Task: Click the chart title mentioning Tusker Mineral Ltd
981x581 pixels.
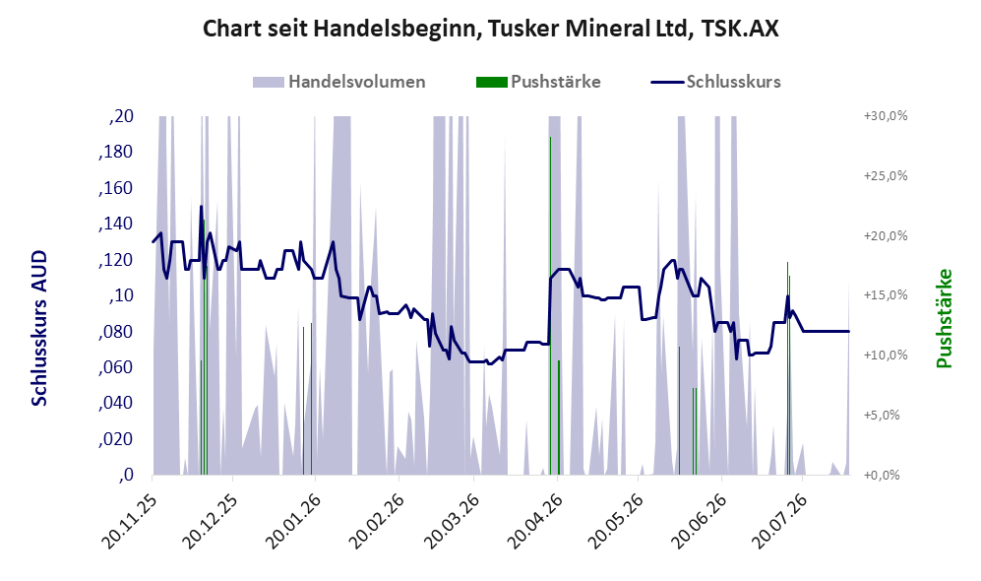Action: (x=490, y=29)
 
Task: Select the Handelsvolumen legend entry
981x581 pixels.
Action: (x=339, y=82)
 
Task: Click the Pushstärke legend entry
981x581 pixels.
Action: (x=538, y=82)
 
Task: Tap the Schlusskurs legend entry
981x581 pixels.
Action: (x=715, y=82)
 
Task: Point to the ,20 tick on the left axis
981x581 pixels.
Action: (x=121, y=116)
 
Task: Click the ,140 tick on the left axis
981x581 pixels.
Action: (x=116, y=224)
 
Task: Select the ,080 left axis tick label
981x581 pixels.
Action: (x=116, y=331)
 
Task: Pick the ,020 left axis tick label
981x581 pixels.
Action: (x=116, y=439)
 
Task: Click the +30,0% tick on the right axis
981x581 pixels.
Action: (x=886, y=116)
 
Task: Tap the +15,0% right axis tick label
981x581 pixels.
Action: (x=886, y=294)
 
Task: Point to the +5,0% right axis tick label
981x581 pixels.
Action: (x=882, y=416)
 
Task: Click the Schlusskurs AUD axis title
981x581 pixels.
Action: (x=38, y=328)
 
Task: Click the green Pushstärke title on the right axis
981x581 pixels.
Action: (x=944, y=319)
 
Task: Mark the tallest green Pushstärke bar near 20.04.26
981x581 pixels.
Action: (x=551, y=305)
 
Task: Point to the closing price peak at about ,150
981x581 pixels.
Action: (x=202, y=206)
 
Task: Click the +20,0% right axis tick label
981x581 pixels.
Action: (x=886, y=236)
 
